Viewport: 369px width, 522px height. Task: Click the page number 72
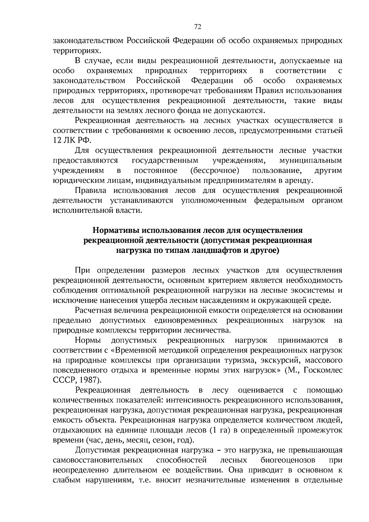click(198, 27)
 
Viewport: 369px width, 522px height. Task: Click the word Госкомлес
click(323, 370)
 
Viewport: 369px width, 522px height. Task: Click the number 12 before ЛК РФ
click(58, 140)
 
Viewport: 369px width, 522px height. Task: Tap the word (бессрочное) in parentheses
click(215, 170)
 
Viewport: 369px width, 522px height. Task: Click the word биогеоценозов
click(288, 460)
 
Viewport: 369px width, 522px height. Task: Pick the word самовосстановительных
click(98, 460)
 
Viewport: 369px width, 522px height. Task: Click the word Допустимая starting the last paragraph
click(95, 450)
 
